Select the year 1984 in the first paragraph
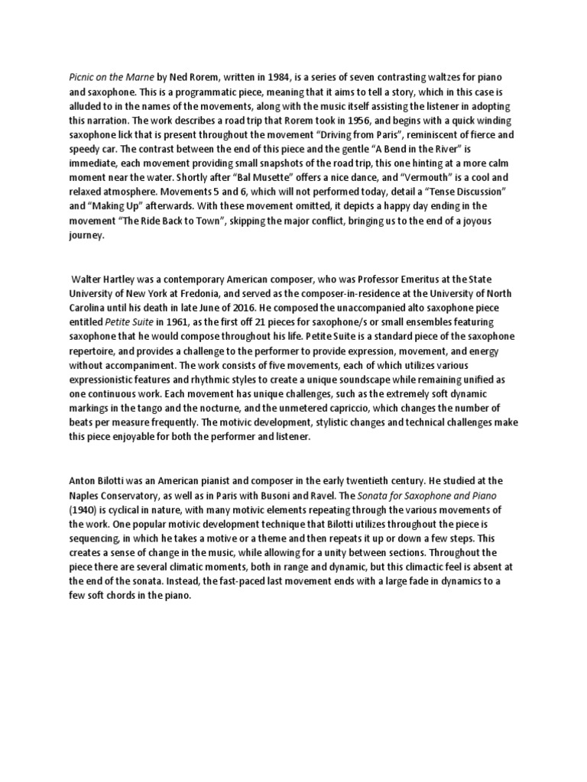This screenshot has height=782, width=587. pos(268,79)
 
